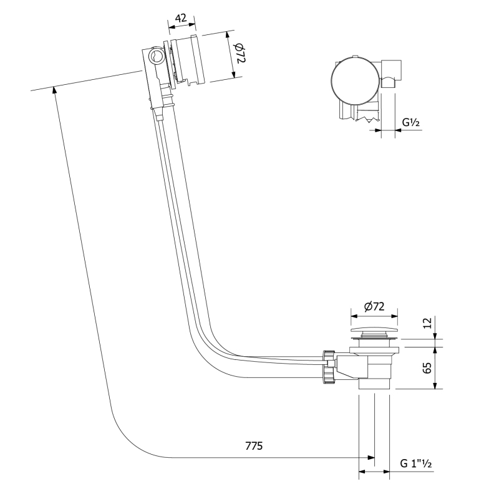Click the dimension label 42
181,18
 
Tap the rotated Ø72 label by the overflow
240,53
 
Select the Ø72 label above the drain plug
374,306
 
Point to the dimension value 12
428,322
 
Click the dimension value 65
428,368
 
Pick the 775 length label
254,446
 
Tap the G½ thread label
411,122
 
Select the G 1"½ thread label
416,463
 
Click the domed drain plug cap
374,330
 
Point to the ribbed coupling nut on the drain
329,367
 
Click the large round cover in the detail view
354,80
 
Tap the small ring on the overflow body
157,56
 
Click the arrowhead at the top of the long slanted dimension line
55,89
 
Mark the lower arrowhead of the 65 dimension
435,385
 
